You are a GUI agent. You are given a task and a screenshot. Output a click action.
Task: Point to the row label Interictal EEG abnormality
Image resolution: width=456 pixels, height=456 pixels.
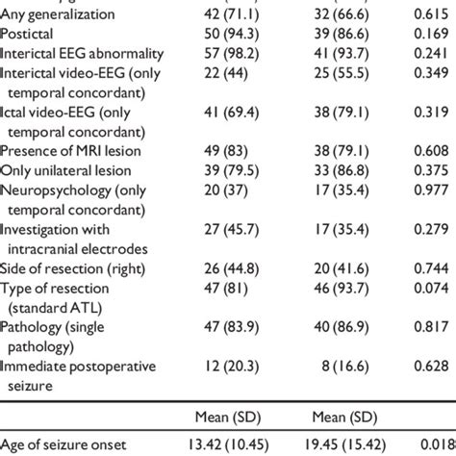pyautogui.click(x=82, y=52)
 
